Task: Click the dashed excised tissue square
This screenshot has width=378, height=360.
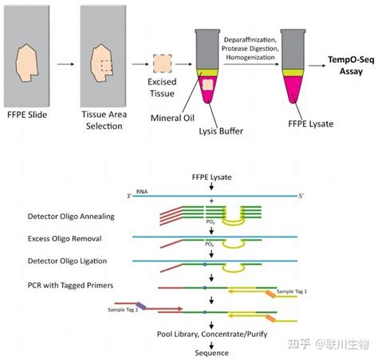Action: click(163, 63)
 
